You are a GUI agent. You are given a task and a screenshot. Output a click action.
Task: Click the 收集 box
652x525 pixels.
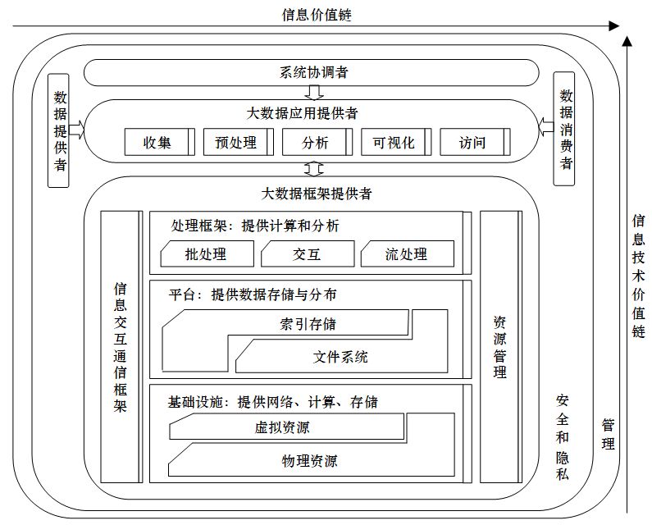pos(158,142)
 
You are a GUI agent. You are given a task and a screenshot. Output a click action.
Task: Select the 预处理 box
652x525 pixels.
pos(236,142)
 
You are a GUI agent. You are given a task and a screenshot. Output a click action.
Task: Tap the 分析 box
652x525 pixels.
pos(316,142)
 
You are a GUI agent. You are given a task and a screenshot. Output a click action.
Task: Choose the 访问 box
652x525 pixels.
pos(472,142)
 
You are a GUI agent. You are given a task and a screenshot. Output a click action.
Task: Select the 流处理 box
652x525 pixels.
pos(406,254)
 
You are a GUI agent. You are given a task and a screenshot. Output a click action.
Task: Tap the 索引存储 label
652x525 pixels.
pos(302,323)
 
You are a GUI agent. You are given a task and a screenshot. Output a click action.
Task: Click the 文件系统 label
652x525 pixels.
pos(340,356)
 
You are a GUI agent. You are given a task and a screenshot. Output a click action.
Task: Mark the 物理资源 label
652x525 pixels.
pos(304,459)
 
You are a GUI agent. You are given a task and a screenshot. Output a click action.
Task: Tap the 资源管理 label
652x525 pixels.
pos(499,347)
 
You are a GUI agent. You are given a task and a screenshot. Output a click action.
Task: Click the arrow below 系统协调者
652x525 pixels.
pos(314,91)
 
